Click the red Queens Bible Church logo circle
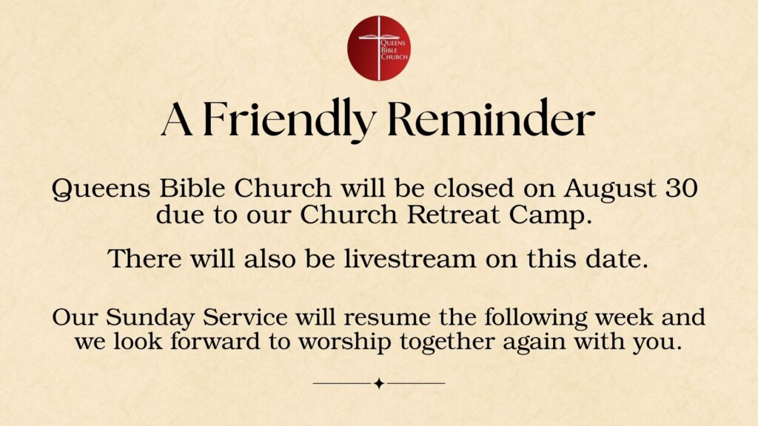[x=379, y=48]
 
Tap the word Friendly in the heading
[x=289, y=119]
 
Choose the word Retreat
[x=452, y=214]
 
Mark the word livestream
[x=410, y=258]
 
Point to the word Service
[x=245, y=317]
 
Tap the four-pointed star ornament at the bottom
[x=380, y=384]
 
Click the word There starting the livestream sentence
[x=144, y=258]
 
